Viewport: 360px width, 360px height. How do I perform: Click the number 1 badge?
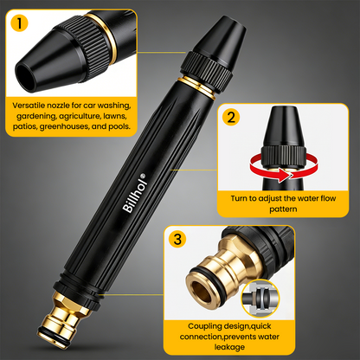coord(19,22)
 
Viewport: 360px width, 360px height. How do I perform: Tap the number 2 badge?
coord(231,117)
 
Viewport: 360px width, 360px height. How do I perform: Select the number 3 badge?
coord(177,239)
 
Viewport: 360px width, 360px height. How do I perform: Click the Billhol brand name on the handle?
coord(133,195)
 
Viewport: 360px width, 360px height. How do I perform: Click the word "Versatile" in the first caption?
coord(29,106)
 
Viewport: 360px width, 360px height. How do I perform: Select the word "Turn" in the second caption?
coord(239,198)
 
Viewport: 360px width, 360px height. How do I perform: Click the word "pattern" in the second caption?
coord(283,209)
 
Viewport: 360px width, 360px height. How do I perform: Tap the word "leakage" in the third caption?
coord(229,347)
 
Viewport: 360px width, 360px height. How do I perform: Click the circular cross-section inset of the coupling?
coord(260,298)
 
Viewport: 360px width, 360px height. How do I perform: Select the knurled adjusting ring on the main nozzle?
coord(206,72)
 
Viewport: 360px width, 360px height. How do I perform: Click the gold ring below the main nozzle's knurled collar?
coord(196,88)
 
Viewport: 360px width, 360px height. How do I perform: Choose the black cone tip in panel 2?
coord(283,127)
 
